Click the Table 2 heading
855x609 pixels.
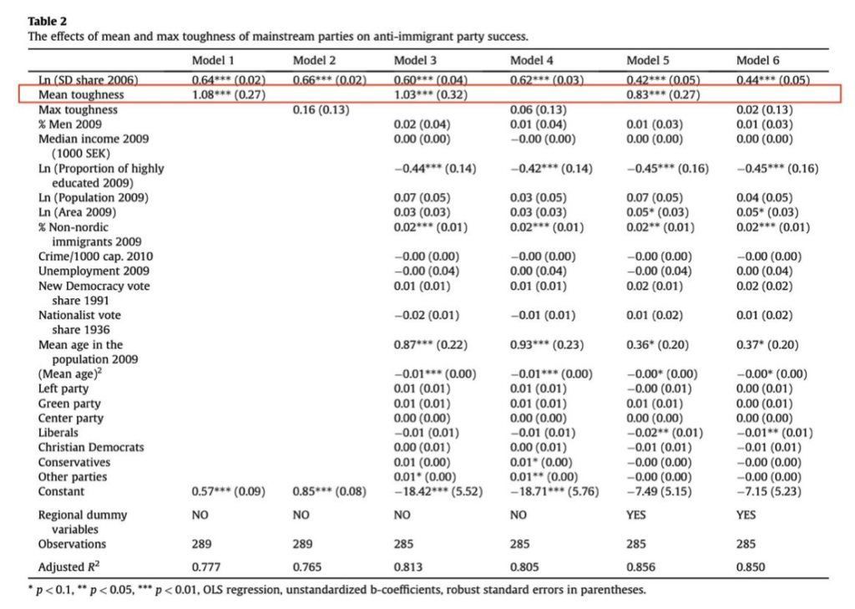tap(48, 21)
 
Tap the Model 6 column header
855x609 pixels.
tap(757, 60)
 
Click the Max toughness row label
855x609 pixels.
tap(78, 109)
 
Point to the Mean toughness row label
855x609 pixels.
tap(81, 94)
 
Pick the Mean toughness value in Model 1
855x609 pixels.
tap(229, 94)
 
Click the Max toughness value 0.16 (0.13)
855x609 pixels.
tap(321, 109)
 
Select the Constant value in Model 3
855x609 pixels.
tap(438, 492)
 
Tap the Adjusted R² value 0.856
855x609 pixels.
tap(640, 567)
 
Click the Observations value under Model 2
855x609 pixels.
tap(302, 544)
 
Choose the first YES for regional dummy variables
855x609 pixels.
tap(636, 515)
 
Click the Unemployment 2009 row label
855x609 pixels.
tap(94, 272)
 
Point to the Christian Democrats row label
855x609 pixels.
tap(91, 448)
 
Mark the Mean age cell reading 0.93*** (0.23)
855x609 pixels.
tap(547, 345)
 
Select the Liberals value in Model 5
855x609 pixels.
tap(665, 433)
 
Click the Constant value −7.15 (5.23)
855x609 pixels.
tap(769, 492)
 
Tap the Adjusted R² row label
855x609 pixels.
tap(68, 566)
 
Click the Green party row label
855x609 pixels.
tap(69, 403)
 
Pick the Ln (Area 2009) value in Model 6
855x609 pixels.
tap(767, 212)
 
